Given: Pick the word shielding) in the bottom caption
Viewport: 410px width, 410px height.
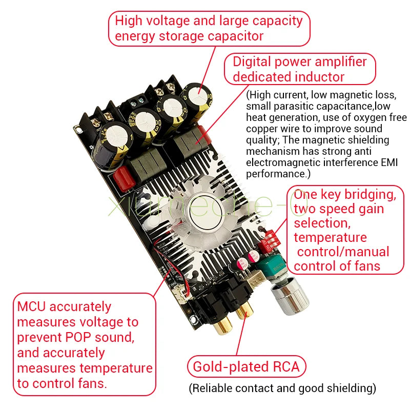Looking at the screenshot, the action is pyautogui.click(x=352, y=388).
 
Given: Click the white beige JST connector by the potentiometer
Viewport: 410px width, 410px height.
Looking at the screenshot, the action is pyautogui.click(x=255, y=279).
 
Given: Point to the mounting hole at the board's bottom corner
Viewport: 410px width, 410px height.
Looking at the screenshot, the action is pyautogui.click(x=193, y=319).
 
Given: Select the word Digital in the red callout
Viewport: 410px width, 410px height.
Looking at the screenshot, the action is pyautogui.click(x=252, y=62).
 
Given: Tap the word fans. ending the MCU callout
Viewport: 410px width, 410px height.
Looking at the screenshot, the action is pyautogui.click(x=93, y=383).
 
